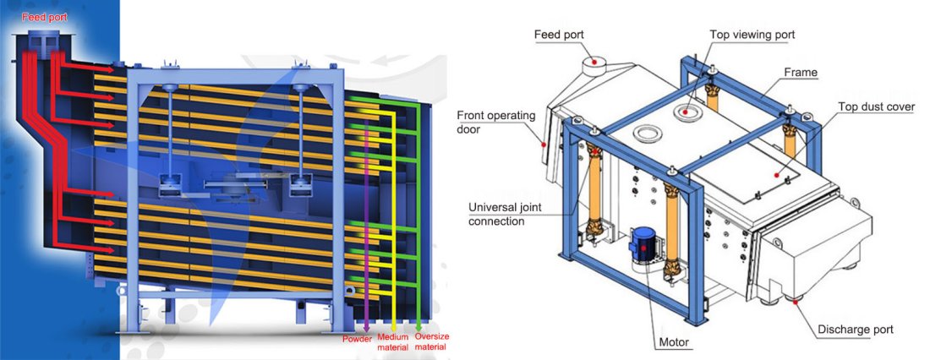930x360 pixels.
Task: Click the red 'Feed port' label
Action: pyautogui.click(x=45, y=17)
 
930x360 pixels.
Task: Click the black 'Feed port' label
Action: pyautogui.click(x=559, y=35)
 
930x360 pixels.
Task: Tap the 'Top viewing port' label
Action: pyautogui.click(x=752, y=35)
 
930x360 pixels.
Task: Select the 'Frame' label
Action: pyautogui.click(x=801, y=73)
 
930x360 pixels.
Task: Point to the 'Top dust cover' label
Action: pyautogui.click(x=876, y=106)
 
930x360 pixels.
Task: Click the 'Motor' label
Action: pyautogui.click(x=674, y=342)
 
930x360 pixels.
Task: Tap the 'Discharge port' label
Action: pyautogui.click(x=856, y=330)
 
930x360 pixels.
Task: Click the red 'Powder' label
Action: pyautogui.click(x=358, y=340)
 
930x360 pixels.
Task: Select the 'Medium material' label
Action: pyautogui.click(x=392, y=342)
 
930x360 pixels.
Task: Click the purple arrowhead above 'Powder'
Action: pyautogui.click(x=366, y=328)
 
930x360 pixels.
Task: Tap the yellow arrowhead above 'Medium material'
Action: pyautogui.click(x=395, y=327)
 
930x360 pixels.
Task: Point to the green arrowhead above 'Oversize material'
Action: pyautogui.click(x=418, y=327)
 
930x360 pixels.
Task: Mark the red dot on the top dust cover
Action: pyautogui.click(x=777, y=176)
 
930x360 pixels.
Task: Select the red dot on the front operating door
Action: pyautogui.click(x=543, y=143)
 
